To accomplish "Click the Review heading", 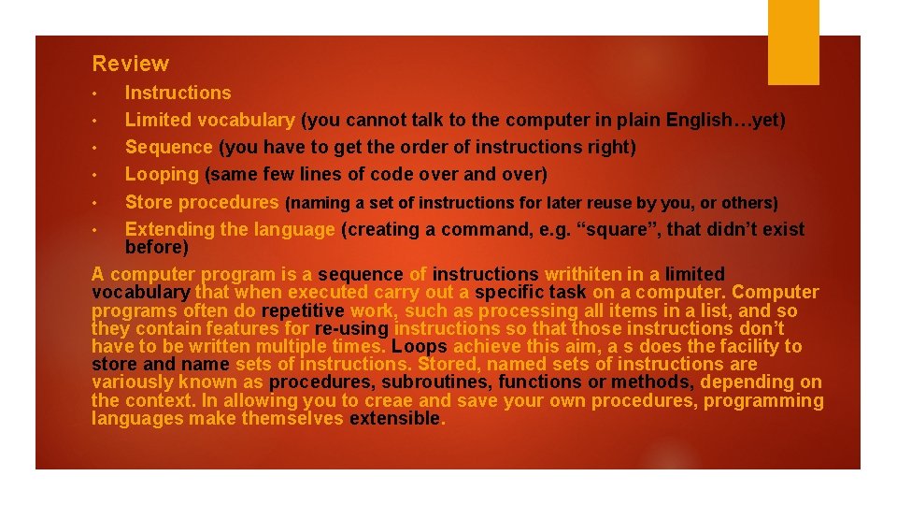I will pos(131,64).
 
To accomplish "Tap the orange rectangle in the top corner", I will pos(793,41).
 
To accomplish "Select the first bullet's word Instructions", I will pos(178,93).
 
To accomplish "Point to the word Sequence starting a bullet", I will pos(169,147).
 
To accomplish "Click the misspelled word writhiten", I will pos(581,274).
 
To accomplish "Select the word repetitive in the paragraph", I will pos(304,310).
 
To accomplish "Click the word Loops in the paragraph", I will pos(419,346).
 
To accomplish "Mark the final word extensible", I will pos(393,418).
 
